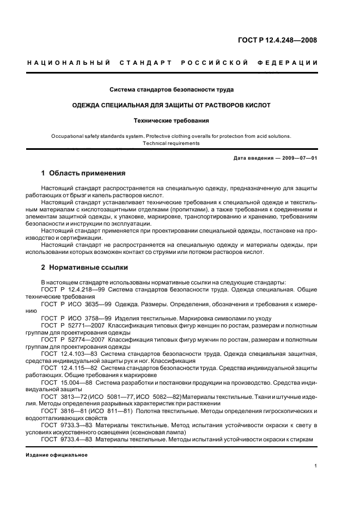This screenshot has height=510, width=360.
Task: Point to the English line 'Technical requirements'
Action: (x=172, y=143)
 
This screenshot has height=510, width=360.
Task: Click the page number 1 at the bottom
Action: (x=316, y=466)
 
